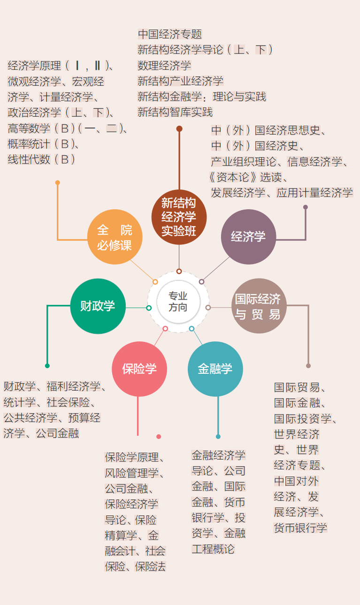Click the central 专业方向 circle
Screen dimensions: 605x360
pos(178,302)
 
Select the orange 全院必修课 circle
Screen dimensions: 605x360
pos(115,237)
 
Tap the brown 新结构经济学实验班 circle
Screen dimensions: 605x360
pos(179,217)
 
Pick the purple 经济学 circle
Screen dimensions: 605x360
pos(248,237)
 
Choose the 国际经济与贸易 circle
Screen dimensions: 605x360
pos(259,306)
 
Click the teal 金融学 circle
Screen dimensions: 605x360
pos(215,369)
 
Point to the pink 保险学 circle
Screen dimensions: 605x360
pos(139,369)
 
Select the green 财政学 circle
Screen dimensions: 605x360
pos(98,306)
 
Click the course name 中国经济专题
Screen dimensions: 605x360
pos(169,34)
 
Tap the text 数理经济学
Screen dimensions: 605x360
pos(164,65)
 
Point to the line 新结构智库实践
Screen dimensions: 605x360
pos(175,112)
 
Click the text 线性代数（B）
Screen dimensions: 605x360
pos(41,159)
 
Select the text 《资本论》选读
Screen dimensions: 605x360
pos(248,177)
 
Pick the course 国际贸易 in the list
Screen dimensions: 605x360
pos(297,387)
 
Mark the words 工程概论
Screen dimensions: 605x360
pos(213,549)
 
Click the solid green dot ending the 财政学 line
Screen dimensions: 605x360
pos(47,366)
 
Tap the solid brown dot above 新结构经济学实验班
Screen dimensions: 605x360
pos(179,128)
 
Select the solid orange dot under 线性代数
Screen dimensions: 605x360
pos(57,183)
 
